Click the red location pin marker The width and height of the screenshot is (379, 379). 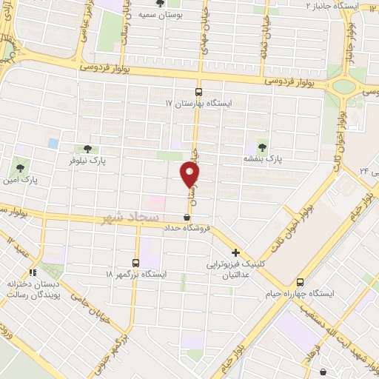coord(190,175)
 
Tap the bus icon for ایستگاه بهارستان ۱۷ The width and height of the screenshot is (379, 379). coord(198,93)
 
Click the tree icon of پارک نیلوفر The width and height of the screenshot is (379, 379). coord(88,148)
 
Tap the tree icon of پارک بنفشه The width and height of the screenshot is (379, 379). coord(261,146)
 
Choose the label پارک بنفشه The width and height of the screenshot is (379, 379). coord(264,158)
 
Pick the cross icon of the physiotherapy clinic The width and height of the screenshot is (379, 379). coord(235,252)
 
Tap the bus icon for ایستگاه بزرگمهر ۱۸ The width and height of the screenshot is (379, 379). coord(135,262)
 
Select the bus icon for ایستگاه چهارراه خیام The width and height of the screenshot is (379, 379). coord(300,282)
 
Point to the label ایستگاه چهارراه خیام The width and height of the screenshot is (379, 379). coord(301,294)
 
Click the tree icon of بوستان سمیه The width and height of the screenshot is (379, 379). coord(160,3)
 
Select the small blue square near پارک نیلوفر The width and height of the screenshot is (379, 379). coord(53,142)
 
